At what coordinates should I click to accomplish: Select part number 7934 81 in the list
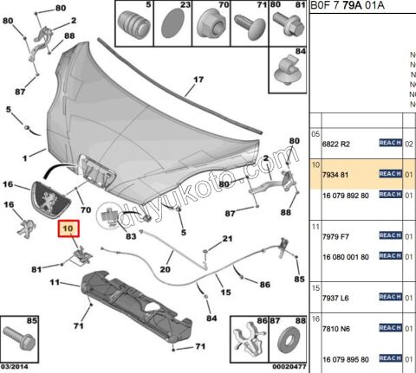[x=330, y=174]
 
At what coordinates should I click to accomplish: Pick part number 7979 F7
[x=331, y=235]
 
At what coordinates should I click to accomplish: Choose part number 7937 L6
[x=331, y=296]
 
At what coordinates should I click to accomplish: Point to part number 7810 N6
[x=331, y=337]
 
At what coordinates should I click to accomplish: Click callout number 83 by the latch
[x=130, y=235]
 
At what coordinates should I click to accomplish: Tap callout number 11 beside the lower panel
[x=54, y=283]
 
